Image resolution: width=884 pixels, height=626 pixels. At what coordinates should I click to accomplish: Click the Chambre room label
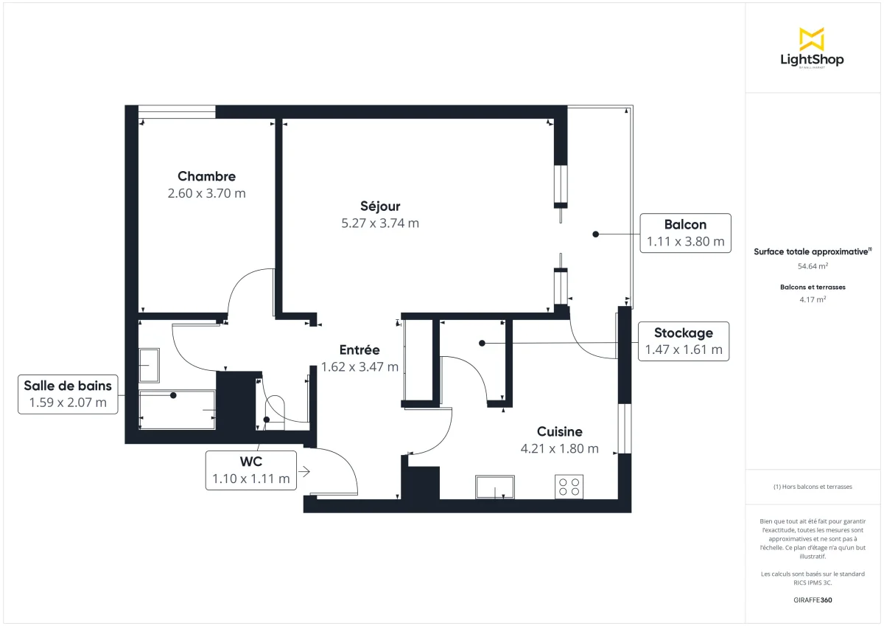(206, 176)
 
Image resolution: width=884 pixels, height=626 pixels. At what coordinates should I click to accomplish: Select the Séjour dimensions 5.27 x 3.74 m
(380, 223)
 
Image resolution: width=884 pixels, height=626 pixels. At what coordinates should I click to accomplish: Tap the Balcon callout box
(685, 233)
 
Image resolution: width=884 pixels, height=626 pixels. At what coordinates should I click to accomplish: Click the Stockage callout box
(684, 341)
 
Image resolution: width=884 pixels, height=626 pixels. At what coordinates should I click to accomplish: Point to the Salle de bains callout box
(68, 394)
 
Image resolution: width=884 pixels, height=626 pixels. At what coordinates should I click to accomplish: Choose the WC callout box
(251, 470)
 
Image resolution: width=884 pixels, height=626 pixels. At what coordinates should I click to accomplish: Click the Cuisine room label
(559, 432)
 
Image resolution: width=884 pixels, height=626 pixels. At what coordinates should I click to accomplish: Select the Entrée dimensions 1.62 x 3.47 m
(359, 366)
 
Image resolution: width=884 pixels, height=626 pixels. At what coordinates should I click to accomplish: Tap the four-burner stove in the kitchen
(569, 487)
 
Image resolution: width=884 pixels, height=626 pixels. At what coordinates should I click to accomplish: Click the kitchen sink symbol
(495, 487)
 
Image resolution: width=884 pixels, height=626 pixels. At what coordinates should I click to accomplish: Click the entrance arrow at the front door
(304, 470)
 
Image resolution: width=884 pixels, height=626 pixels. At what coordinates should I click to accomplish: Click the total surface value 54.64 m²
(812, 265)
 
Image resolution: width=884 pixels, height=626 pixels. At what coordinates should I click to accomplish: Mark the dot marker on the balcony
(595, 234)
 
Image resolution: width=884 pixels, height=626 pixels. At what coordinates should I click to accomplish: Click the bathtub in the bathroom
(177, 411)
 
